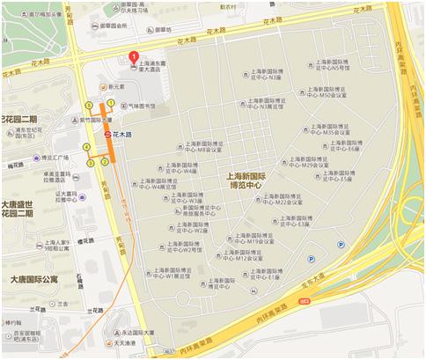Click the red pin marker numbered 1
134,59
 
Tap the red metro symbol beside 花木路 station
107,134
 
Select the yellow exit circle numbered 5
88,107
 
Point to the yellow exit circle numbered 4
86,146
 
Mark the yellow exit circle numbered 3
91,163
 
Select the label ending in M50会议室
337,93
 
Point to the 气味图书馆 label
140,104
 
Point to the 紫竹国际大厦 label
95,119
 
